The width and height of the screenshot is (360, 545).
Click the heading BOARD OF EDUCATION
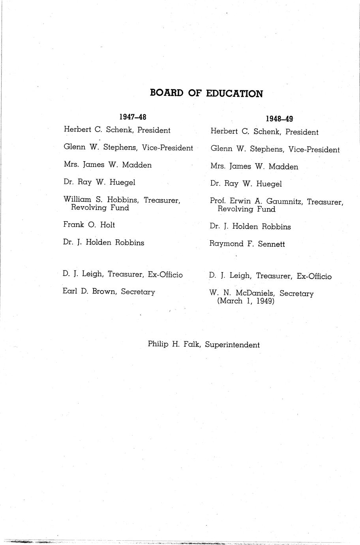point(206,94)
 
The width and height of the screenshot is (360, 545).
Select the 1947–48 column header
point(133,117)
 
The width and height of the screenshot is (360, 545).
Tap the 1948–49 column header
point(279,118)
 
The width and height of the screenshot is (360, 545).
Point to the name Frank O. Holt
point(89,225)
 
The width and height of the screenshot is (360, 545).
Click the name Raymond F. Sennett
point(247,244)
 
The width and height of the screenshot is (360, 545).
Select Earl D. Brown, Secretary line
point(109,292)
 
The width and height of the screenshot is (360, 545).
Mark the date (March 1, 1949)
point(246,301)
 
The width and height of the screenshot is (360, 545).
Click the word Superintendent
point(232,345)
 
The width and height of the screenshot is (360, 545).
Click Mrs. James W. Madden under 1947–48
point(107,165)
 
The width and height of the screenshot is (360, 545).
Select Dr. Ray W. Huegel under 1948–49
point(246,184)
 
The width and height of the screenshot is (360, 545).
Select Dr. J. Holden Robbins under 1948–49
point(250,227)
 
